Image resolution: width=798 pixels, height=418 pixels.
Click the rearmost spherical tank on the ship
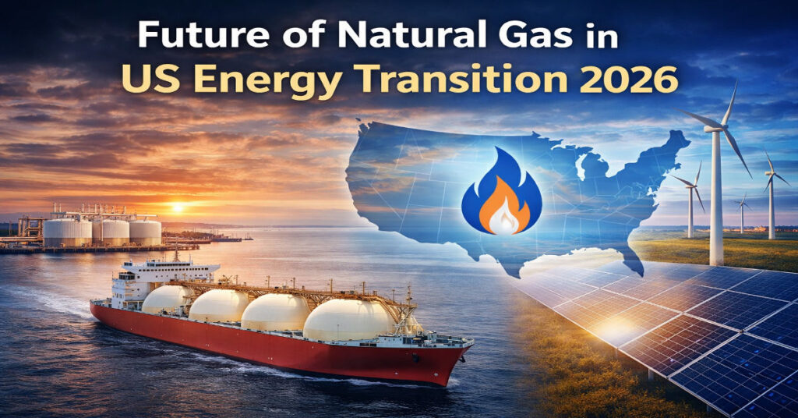[x=165, y=299]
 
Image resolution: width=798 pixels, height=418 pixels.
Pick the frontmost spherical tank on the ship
[x=348, y=321]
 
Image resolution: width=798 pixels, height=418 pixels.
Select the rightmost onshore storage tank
[x=145, y=232]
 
